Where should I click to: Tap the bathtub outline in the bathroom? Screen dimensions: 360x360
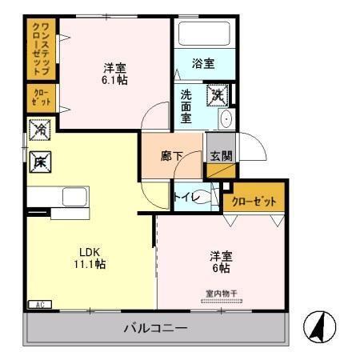[x=203, y=34]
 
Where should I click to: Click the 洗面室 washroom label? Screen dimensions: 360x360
[x=186, y=106]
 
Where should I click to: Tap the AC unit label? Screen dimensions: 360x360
[x=38, y=304]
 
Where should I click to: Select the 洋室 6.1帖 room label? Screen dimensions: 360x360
[x=114, y=74]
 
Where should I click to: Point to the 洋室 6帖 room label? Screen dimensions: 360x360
[x=222, y=262]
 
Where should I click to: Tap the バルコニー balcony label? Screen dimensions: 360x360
[x=155, y=328]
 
